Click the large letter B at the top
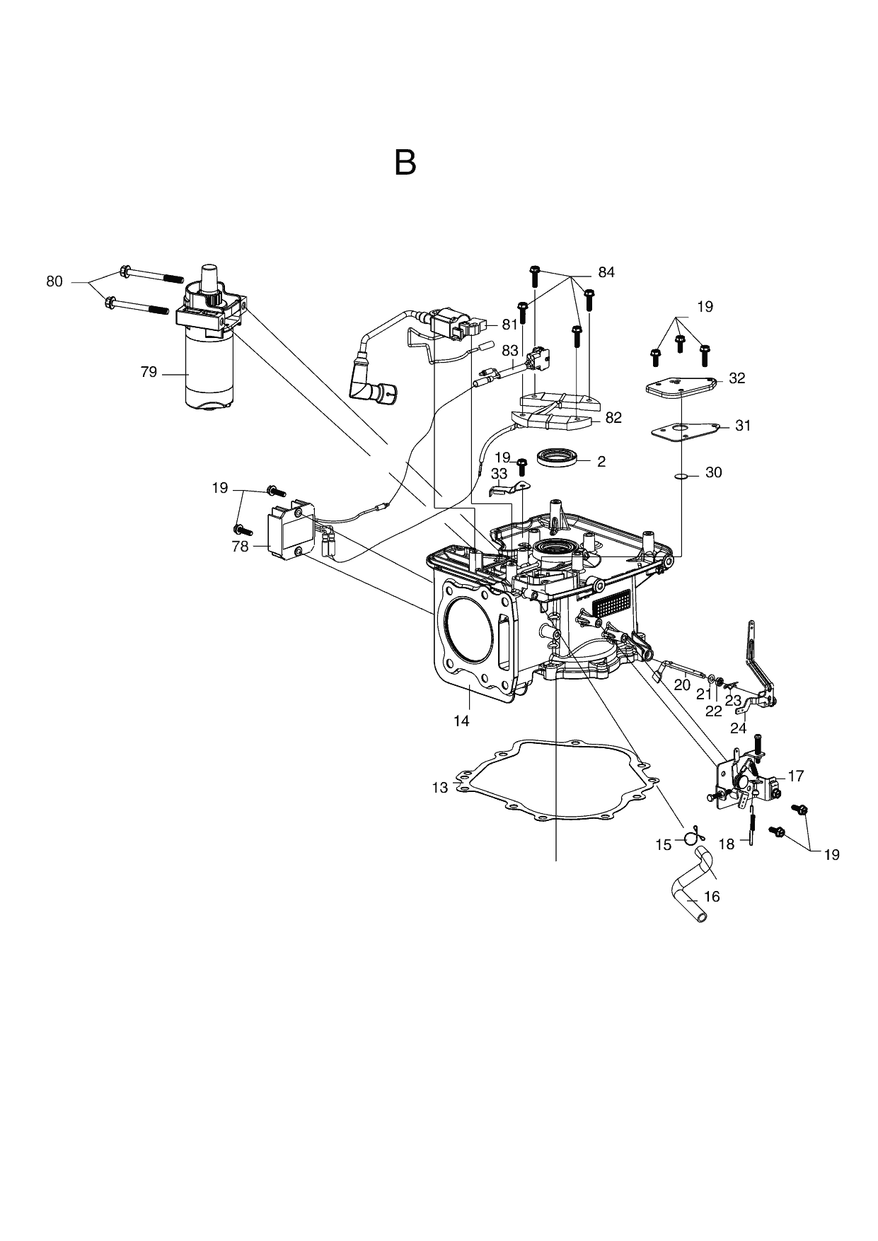coord(405,163)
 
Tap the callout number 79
coord(149,372)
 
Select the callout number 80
coord(54,281)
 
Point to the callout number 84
coord(606,272)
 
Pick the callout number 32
coord(737,378)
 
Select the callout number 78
coord(241,546)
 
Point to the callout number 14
coord(462,721)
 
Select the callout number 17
coord(796,776)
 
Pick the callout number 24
coord(739,728)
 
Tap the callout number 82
coord(613,418)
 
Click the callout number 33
coord(499,473)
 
